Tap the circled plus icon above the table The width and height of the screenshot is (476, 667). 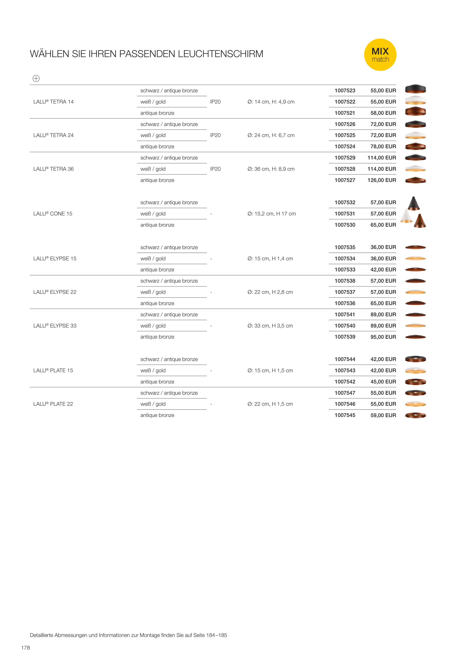[36, 78]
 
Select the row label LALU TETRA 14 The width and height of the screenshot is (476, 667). [53, 102]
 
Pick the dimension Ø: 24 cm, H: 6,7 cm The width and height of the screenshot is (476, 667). [271, 135]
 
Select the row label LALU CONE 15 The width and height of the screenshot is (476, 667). [53, 214]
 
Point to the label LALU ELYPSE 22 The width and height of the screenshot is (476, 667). [55, 292]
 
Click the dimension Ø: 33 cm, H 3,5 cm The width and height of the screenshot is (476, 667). [270, 326]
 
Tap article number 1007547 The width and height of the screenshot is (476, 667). [345, 393]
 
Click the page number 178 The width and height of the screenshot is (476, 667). [26, 648]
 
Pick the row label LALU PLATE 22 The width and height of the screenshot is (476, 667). [53, 404]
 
